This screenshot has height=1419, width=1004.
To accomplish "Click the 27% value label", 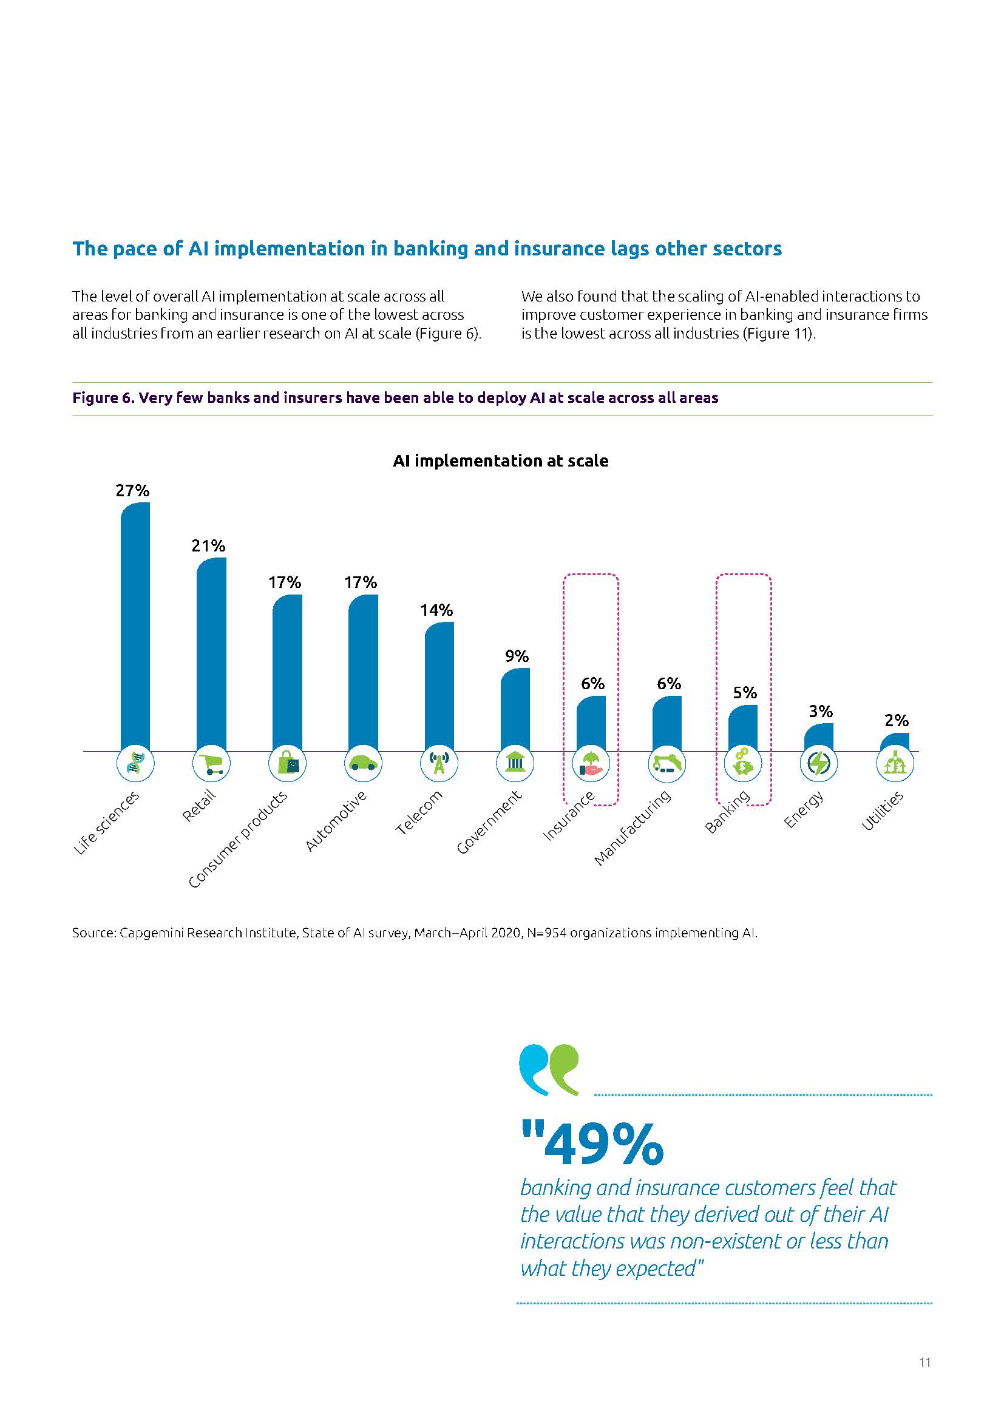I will click(x=132, y=491).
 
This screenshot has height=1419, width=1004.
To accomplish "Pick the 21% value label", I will click(x=208, y=546).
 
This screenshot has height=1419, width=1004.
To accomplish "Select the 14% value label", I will click(x=436, y=611).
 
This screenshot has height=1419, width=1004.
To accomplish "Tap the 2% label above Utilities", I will click(x=897, y=721).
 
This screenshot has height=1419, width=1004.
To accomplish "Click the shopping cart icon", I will click(x=211, y=764).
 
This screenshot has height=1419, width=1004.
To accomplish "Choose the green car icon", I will click(x=363, y=764).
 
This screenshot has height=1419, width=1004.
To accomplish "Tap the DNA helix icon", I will click(x=135, y=764).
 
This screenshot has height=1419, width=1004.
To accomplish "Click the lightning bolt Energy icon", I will click(x=818, y=764).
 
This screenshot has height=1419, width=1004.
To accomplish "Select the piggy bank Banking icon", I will click(x=742, y=764).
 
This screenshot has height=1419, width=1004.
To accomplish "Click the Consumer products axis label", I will click(x=239, y=839).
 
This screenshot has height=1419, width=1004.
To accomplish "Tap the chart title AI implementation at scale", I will click(x=500, y=461).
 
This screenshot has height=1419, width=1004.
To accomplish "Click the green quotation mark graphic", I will click(x=563, y=1070).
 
